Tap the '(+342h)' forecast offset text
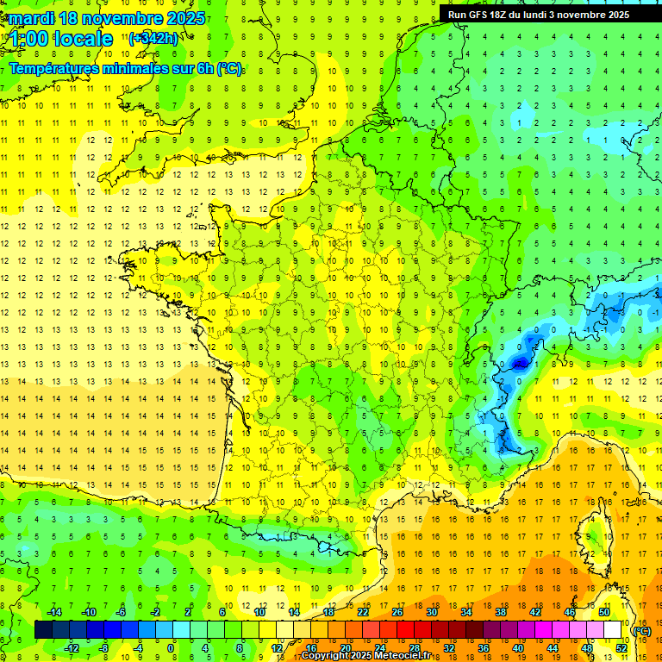click(153, 38)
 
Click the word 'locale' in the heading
click(83, 39)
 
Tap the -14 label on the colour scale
click(54, 612)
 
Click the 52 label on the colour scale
click(621, 648)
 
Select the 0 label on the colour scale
click(171, 648)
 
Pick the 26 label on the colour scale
click(397, 612)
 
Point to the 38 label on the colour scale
click(501, 612)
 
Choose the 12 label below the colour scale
click(276, 648)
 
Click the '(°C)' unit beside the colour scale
click(642, 631)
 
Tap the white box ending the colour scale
click(613, 630)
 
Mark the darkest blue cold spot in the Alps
click(520, 364)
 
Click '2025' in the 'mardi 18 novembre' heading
click(184, 18)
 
